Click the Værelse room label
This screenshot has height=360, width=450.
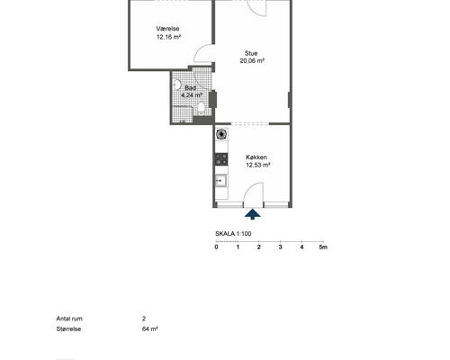tap(167, 29)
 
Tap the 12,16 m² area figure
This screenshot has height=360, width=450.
tap(168, 37)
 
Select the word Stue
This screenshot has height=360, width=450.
tap(251, 53)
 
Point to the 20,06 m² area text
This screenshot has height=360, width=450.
tap(252, 61)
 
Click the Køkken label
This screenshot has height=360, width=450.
tap(256, 157)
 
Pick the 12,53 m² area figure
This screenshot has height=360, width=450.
tap(258, 165)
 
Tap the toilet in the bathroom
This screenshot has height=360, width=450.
tap(201, 109)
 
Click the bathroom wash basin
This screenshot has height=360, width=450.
tap(177, 85)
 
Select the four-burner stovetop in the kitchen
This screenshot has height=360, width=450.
tap(221, 159)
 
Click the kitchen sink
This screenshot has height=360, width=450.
tap(221, 181)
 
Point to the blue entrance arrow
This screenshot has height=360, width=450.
tap(253, 214)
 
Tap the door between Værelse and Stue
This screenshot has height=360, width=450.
tap(204, 53)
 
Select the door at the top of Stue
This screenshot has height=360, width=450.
tap(256, 8)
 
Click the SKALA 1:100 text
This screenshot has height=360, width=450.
tap(233, 234)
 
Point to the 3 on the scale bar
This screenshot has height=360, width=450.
tap(281, 247)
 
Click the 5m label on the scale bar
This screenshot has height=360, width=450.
tap(323, 247)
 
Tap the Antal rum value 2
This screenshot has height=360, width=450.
tap(144, 319)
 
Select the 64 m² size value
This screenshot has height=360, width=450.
tap(150, 328)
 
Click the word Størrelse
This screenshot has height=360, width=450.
tap(68, 328)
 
